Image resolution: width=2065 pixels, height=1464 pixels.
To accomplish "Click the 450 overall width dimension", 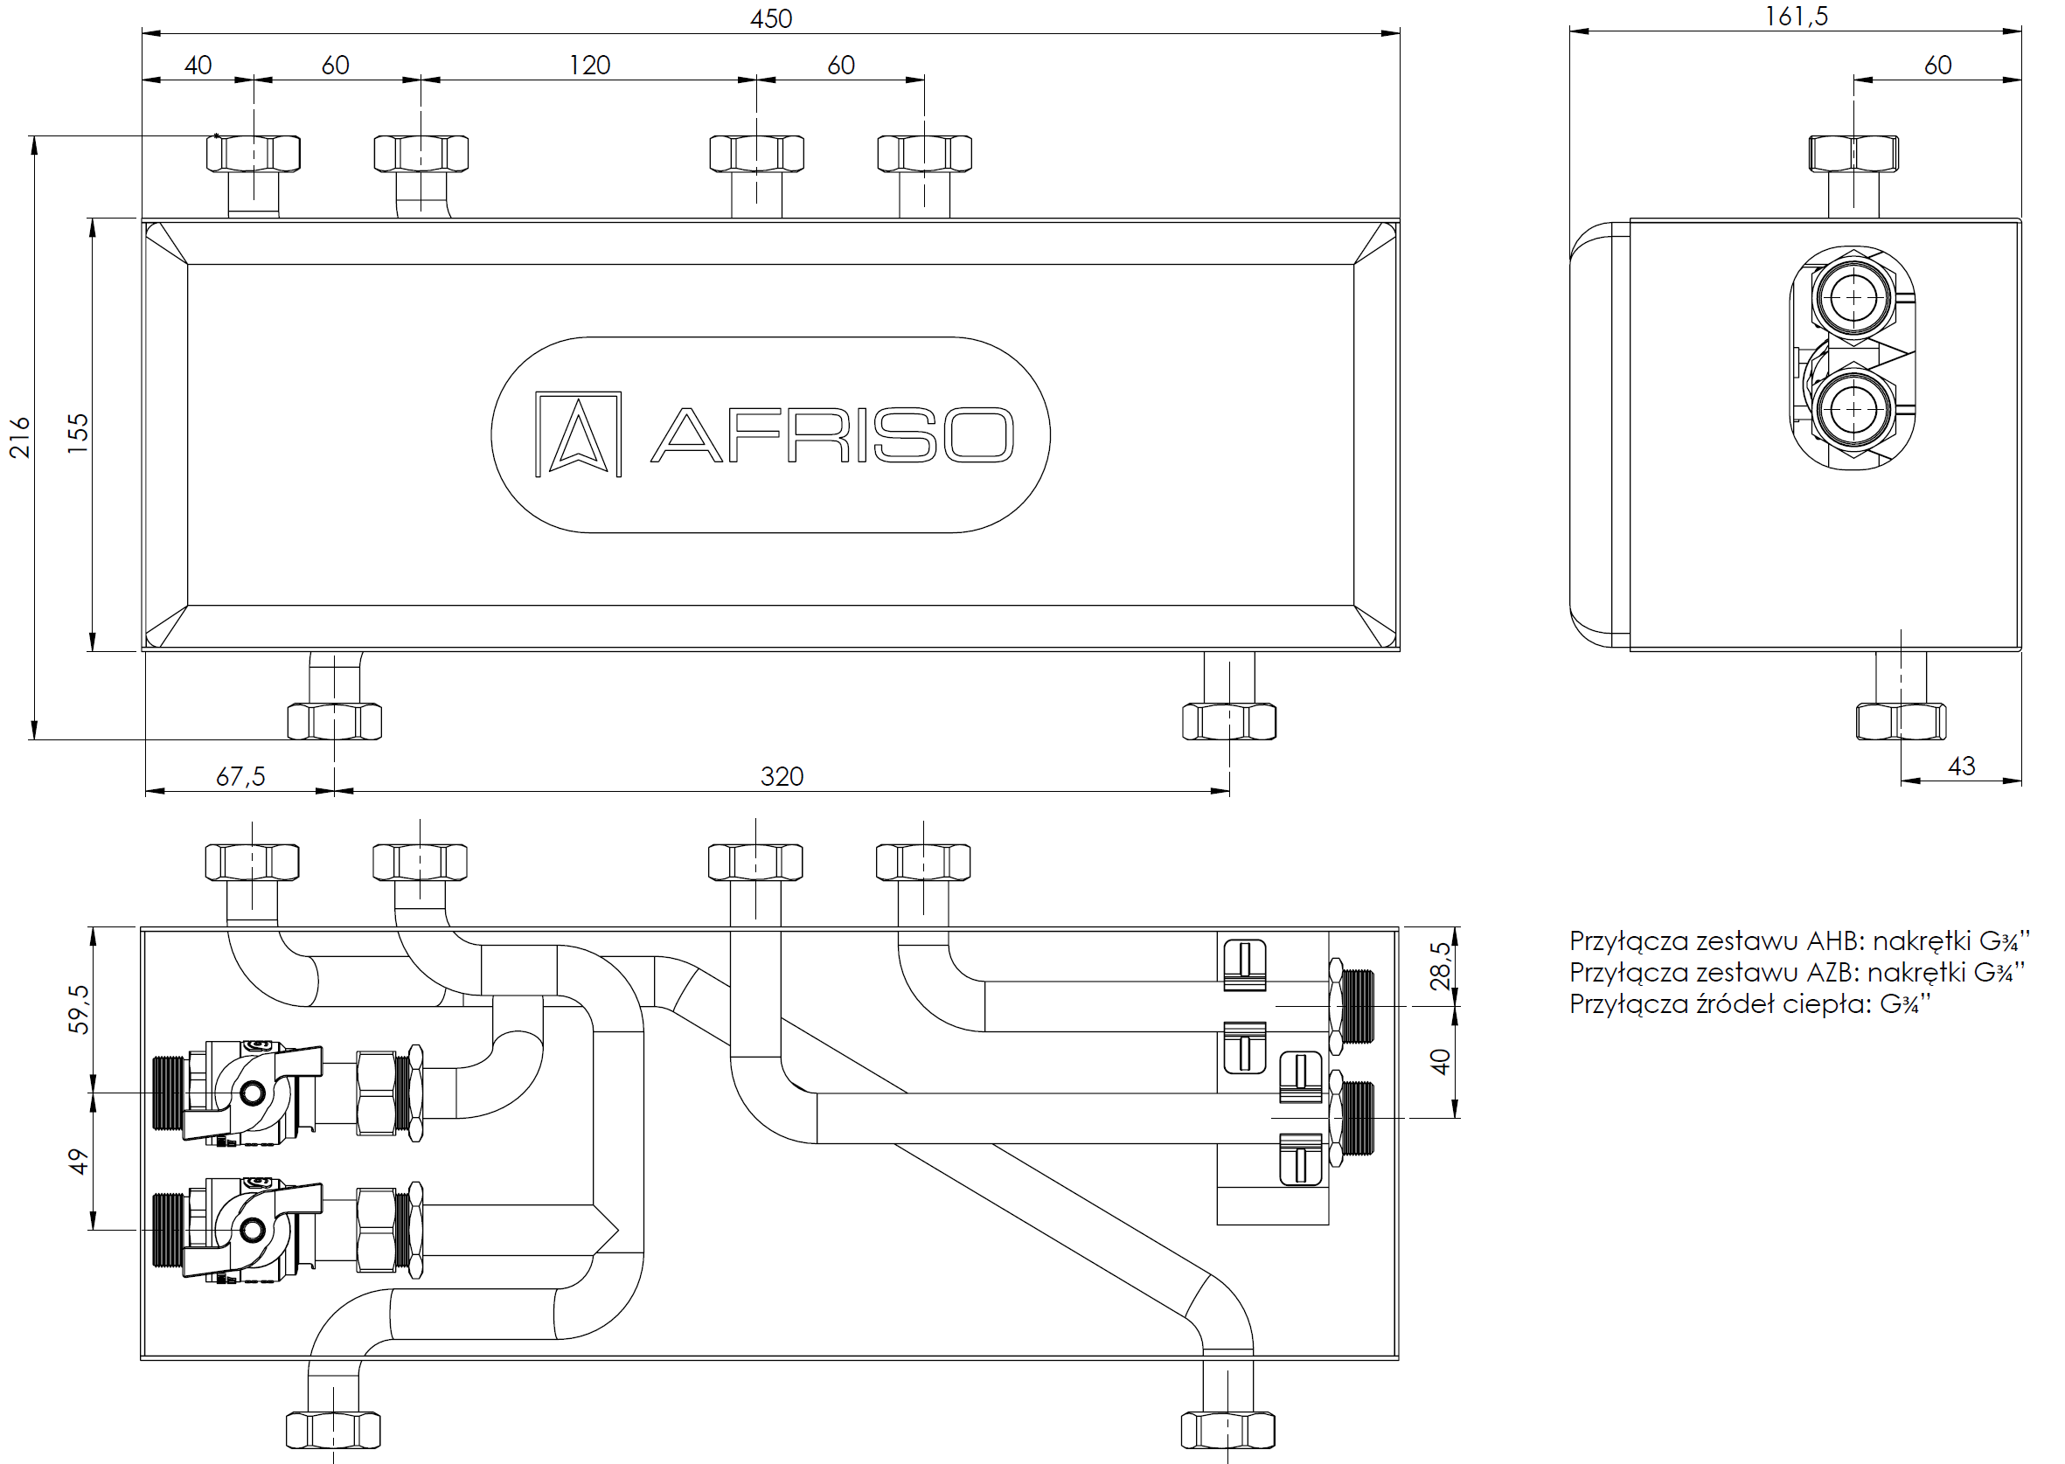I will point(771,19).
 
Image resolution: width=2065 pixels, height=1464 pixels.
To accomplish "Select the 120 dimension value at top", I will point(590,65).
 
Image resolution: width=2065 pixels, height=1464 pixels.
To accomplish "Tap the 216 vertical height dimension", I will point(20,437).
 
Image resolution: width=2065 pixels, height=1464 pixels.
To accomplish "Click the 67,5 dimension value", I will point(240,776).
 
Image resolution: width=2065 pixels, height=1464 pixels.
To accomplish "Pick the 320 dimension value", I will point(782,776).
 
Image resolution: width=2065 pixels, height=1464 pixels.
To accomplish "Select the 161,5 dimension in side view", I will point(1797,17).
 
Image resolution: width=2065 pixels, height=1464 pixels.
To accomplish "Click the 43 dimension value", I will point(1961,767).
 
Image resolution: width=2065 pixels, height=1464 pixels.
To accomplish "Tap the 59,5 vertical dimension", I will point(80,1009).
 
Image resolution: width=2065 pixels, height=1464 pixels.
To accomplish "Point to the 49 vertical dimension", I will point(80,1161).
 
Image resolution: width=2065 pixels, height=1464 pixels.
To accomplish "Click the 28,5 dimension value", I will point(1441,966).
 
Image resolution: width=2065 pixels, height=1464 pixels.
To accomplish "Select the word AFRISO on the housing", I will point(832,435).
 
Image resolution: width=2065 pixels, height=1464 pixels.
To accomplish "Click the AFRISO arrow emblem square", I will point(578,434).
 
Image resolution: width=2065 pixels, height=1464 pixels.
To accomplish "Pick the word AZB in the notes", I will point(1832,973).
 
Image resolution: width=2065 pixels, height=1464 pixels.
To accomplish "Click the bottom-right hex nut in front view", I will point(1228,722).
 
